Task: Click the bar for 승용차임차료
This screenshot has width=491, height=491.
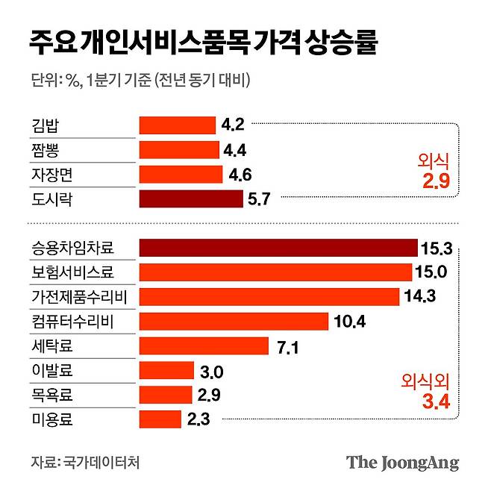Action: [278, 248]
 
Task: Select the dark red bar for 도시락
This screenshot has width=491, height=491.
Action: [191, 198]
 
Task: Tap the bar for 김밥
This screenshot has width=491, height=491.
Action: [177, 125]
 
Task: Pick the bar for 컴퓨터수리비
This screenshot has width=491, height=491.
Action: [234, 321]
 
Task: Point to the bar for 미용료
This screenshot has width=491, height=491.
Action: [160, 419]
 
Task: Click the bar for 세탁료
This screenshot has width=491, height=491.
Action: [204, 345]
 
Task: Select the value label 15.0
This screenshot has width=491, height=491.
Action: [433, 272]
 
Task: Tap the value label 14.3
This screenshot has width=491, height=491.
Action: [419, 297]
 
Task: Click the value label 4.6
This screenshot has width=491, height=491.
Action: [240, 175]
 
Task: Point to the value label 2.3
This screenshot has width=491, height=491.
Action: [198, 419]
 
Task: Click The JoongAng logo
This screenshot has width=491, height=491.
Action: [402, 463]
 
